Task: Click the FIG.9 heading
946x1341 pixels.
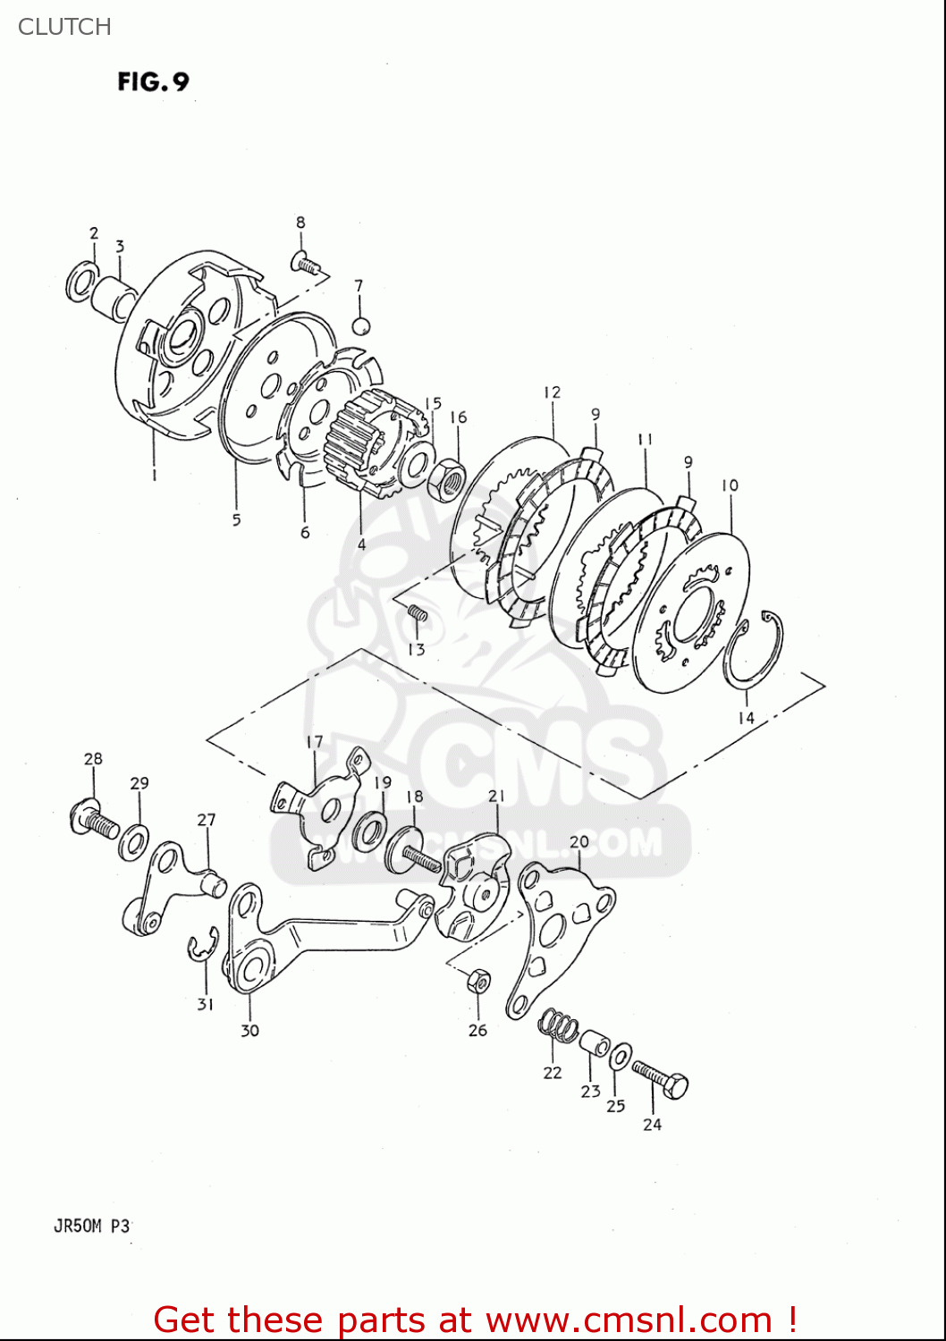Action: click(x=153, y=81)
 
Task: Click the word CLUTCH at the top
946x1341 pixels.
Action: click(x=64, y=27)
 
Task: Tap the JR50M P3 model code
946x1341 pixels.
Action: click(x=92, y=1226)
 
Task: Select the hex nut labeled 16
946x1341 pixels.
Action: click(x=446, y=480)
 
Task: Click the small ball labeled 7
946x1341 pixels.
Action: click(x=360, y=325)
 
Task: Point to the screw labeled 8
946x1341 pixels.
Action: click(x=305, y=262)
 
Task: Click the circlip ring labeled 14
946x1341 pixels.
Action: click(x=754, y=650)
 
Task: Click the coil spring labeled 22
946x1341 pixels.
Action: click(x=558, y=1025)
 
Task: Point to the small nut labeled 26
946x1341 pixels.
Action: click(x=479, y=981)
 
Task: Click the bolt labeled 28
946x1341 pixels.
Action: click(x=94, y=820)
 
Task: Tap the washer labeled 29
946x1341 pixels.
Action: click(x=134, y=841)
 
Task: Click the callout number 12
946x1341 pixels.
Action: click(x=552, y=392)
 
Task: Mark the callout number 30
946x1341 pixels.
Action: click(x=249, y=1030)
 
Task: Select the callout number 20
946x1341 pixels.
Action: click(x=579, y=841)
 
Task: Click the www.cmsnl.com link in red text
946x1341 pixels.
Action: click(x=629, y=1320)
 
